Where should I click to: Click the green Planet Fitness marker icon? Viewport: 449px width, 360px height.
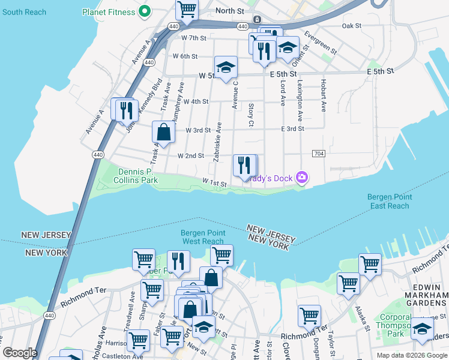[x=144, y=11]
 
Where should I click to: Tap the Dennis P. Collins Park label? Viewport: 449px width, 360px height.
[x=128, y=175]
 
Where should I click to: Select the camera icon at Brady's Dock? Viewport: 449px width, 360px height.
[x=302, y=177]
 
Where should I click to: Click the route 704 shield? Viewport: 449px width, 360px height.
[x=319, y=154]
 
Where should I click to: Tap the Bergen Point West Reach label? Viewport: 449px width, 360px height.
[x=203, y=237]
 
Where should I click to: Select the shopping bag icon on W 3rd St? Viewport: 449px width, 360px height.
[x=163, y=131]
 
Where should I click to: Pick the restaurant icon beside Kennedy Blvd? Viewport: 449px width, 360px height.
[x=125, y=109]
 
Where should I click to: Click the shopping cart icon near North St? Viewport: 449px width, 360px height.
[x=187, y=10]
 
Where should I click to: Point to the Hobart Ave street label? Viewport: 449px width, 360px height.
[x=323, y=95]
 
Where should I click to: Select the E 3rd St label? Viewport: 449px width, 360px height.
[x=292, y=128]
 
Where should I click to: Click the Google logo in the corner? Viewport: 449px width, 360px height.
[x=20, y=353]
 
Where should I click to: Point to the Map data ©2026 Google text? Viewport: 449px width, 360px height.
[x=411, y=355]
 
